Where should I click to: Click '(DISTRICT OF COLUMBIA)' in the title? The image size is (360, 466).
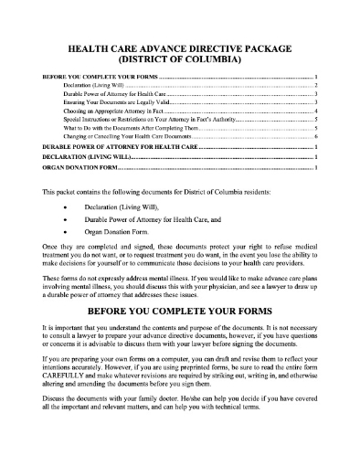(x=179, y=58)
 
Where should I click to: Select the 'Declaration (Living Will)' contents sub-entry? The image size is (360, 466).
(x=101, y=84)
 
